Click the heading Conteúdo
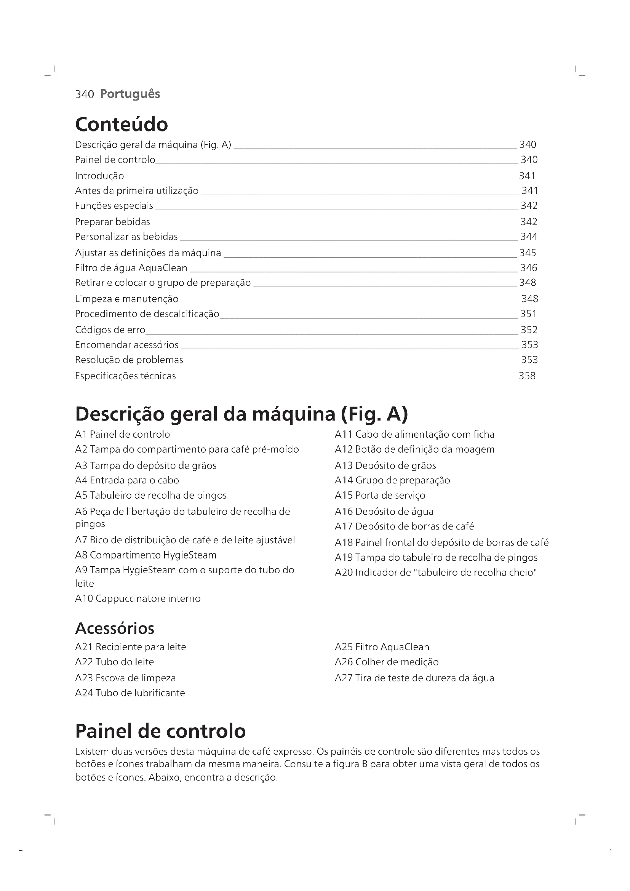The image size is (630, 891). [122, 125]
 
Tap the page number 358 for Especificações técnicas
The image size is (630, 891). [527, 376]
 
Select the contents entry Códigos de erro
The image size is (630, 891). [110, 330]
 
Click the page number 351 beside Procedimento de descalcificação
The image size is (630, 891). [528, 314]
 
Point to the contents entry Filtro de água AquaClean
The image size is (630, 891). [131, 268]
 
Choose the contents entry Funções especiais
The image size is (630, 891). [114, 206]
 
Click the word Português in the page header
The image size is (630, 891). [130, 94]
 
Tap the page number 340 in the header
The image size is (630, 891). [85, 94]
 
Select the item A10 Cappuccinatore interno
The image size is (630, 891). [138, 598]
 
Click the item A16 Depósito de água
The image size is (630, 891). [384, 511]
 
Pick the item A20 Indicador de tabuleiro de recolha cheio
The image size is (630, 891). [436, 573]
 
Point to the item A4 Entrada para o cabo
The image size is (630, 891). [127, 480]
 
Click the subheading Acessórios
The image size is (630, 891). [115, 628]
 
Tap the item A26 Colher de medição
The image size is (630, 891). [386, 662]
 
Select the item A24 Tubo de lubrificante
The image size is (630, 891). [130, 693]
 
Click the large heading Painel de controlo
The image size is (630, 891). [160, 731]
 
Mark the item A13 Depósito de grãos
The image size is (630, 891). [385, 465]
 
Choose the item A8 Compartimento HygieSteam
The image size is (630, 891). [146, 555]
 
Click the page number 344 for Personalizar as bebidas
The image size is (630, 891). [529, 237]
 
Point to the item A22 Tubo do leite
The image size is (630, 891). [114, 662]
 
